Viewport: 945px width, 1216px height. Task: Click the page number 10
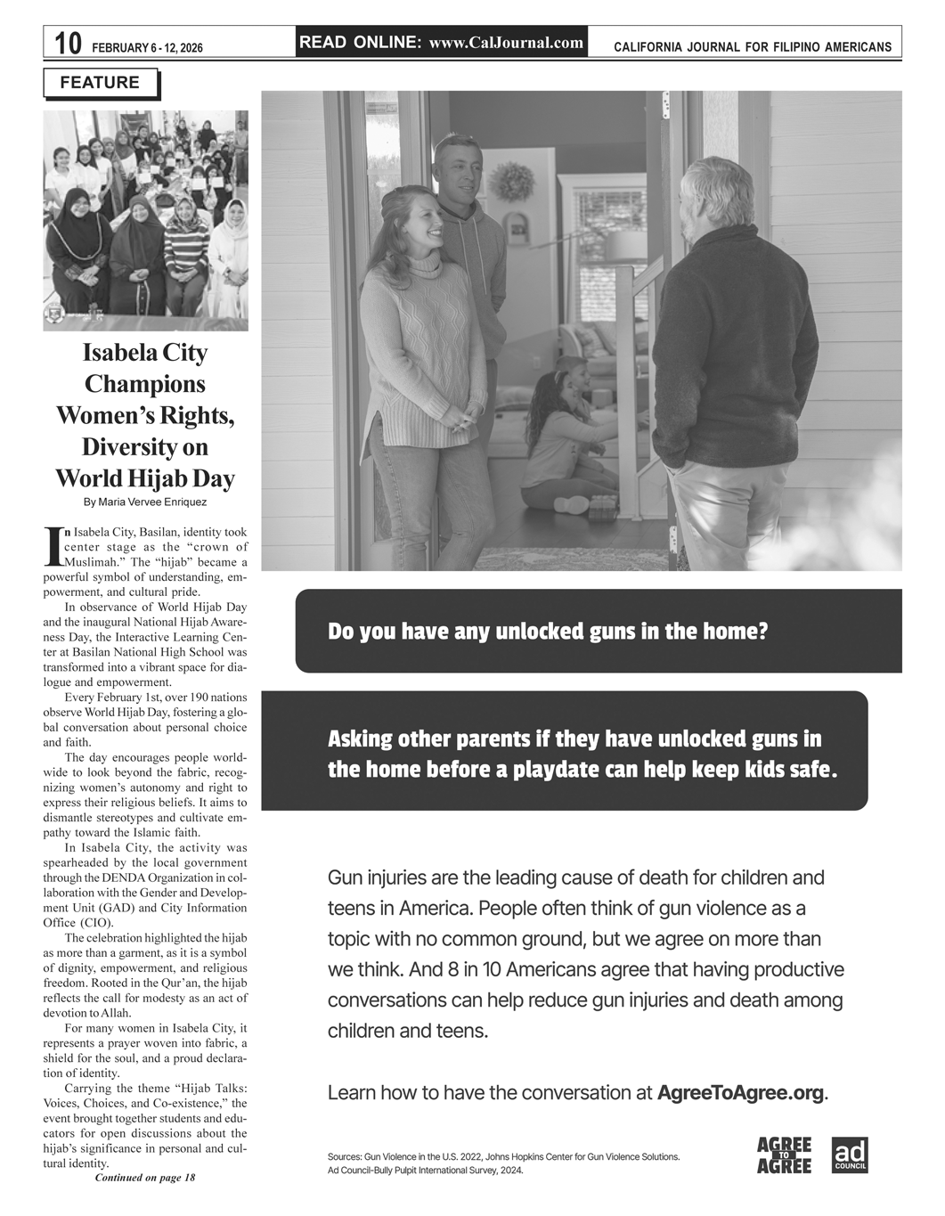[x=68, y=44]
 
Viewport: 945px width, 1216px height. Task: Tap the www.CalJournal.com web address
[x=506, y=43]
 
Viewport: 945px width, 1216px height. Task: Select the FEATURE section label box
[x=100, y=83]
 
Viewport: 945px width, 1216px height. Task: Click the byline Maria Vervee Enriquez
[x=145, y=502]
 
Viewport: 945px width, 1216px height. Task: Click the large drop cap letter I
[x=53, y=546]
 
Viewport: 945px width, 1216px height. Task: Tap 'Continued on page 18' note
[x=144, y=1178]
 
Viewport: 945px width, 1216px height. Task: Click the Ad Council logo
[x=849, y=1155]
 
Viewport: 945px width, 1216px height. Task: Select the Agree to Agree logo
[x=784, y=1155]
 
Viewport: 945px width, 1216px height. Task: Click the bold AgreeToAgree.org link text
[x=740, y=1092]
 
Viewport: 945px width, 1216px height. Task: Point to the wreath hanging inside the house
[x=510, y=182]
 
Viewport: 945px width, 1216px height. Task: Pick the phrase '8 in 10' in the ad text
[x=459, y=969]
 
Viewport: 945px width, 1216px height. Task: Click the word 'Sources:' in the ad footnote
[x=346, y=1157]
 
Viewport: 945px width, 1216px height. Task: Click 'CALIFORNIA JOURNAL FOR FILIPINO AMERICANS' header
[x=753, y=47]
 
